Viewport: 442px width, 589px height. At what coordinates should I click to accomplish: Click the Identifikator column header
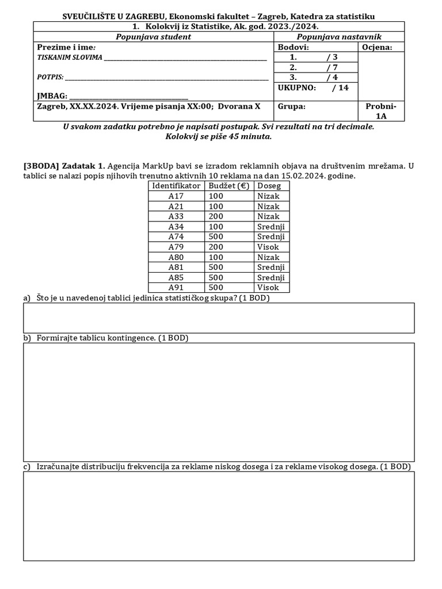pos(176,186)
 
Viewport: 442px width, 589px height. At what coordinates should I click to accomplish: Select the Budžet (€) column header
pos(229,186)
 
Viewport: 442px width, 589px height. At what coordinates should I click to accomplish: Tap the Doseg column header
pos(269,186)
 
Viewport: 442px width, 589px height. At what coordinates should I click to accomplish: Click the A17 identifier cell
pos(176,196)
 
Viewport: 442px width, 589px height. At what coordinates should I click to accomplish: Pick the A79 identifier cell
pos(176,247)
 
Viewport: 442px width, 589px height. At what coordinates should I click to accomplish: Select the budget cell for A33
pos(216,216)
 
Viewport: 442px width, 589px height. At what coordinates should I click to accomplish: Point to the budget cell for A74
pos(216,236)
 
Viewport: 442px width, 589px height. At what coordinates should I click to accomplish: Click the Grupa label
pos(292,106)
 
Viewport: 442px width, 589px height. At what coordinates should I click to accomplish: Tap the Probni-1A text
pos(381,111)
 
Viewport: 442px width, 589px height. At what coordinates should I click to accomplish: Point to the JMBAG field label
pos(52,95)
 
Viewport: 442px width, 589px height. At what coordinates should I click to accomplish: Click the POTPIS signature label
pos(50,77)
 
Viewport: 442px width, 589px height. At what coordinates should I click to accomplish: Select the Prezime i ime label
pos(66,47)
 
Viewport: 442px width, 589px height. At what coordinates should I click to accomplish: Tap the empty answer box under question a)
pos(219,318)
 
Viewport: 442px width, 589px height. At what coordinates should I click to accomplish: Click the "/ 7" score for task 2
pos(331,67)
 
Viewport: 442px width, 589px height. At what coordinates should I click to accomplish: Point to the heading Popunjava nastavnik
pos(339,37)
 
